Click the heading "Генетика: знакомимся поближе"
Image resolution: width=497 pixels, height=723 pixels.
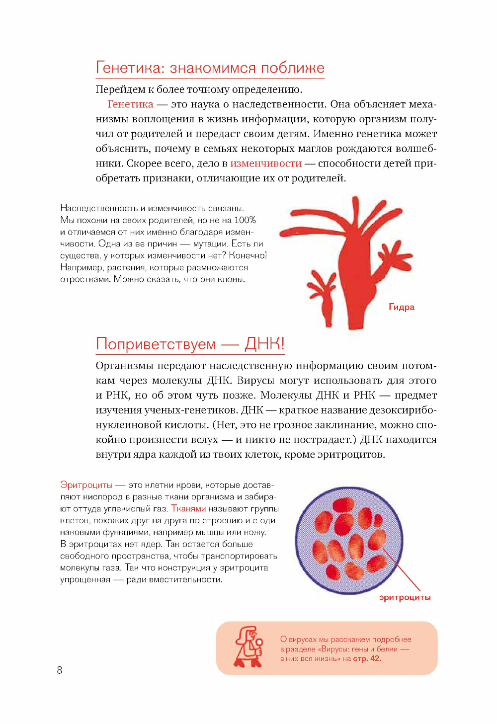pyautogui.click(x=210, y=68)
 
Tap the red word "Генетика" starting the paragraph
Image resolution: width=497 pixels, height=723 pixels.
pyautogui.click(x=130, y=104)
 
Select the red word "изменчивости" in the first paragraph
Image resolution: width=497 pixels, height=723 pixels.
pyautogui.click(x=266, y=163)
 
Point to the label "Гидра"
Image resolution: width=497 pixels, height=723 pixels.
pyautogui.click(x=402, y=307)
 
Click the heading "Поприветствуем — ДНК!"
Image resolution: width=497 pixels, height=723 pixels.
pyautogui.click(x=190, y=344)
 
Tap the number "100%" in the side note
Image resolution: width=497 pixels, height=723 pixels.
pyautogui.click(x=245, y=220)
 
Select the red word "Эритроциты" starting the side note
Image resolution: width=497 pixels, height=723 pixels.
pyautogui.click(x=86, y=485)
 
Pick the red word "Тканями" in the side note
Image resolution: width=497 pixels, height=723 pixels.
pyautogui.click(x=188, y=509)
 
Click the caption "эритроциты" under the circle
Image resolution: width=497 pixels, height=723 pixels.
pyautogui.click(x=405, y=597)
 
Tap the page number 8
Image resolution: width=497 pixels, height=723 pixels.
pyautogui.click(x=60, y=670)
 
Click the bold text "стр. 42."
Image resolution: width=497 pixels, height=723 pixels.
pyautogui.click(x=367, y=659)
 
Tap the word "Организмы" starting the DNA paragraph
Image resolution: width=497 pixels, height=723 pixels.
pyautogui.click(x=124, y=366)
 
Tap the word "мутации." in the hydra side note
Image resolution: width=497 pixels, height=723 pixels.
pyautogui.click(x=210, y=244)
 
